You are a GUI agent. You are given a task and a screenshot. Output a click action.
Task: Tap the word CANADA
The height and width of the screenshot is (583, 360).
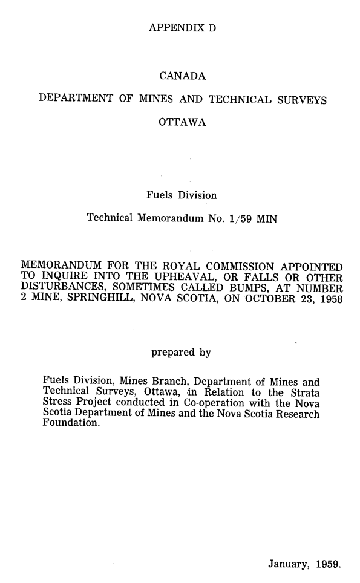pos(182,77)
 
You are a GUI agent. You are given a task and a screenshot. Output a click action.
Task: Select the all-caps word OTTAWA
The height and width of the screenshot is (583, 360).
pos(182,123)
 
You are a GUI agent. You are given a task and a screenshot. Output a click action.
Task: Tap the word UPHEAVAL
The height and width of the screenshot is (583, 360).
pos(178,278)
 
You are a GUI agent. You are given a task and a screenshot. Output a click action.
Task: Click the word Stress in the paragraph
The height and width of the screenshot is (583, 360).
pos(51,404)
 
